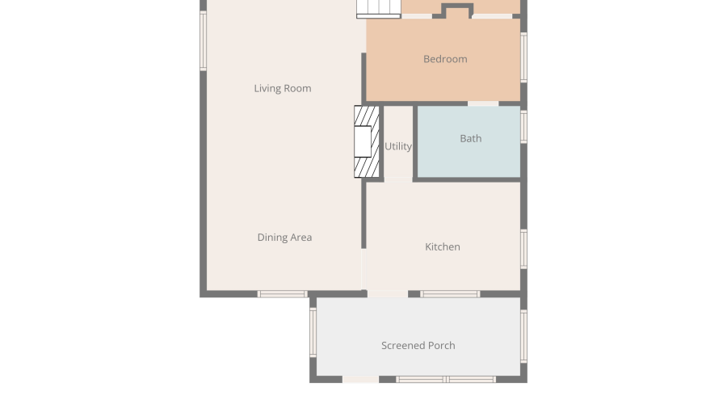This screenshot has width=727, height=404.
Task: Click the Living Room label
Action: coord(283,88)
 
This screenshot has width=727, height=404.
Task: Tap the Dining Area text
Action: coord(284,238)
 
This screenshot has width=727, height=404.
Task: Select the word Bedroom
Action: coord(445,59)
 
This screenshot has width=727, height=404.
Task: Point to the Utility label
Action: coord(398,146)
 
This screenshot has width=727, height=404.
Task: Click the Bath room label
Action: coord(471,138)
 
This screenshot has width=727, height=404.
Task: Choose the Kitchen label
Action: coord(443,246)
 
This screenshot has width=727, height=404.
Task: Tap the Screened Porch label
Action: coord(418,346)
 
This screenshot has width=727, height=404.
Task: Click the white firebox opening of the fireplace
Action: coord(363,141)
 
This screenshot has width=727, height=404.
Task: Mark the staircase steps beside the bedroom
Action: coord(378,9)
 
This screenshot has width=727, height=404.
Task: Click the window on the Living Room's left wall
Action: coord(203,40)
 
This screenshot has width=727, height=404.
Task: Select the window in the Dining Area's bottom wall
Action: coord(283,294)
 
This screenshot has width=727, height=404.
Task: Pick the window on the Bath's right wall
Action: coord(524,126)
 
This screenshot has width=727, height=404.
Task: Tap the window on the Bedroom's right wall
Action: coord(524,57)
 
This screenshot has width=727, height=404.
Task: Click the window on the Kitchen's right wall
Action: coord(524,249)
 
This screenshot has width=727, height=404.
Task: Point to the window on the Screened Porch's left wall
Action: coord(313,333)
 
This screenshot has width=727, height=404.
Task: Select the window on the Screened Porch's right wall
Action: coord(524,336)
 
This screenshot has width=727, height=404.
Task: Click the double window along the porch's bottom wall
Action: coord(446,380)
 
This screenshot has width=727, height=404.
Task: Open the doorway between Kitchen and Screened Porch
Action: coord(388,294)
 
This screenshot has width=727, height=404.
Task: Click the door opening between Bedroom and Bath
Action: coord(483,103)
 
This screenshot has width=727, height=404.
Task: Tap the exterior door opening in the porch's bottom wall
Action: coord(361,380)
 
